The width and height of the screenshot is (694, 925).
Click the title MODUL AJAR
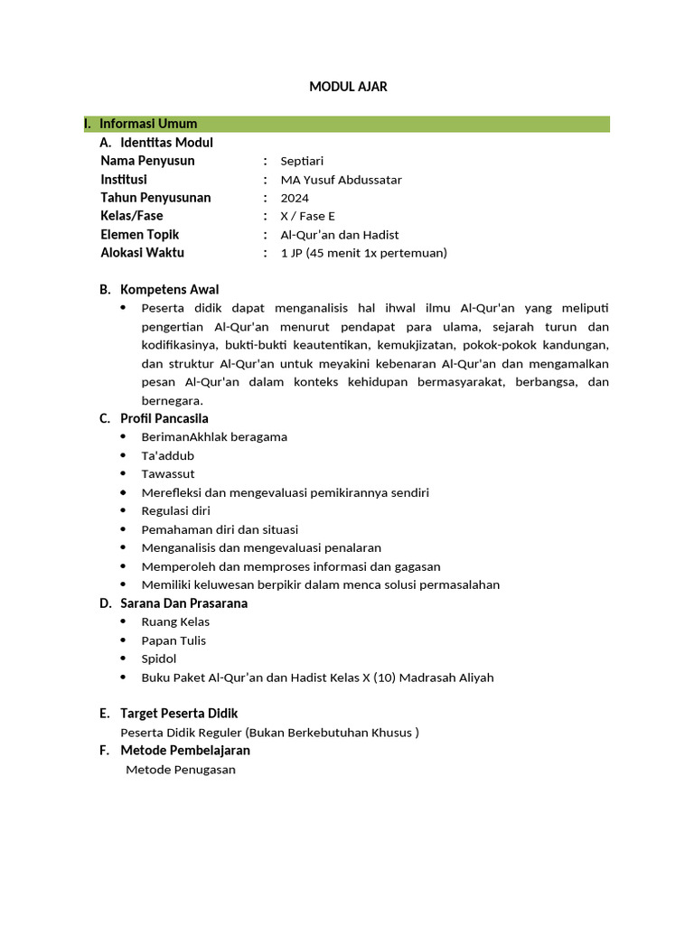pos(348,87)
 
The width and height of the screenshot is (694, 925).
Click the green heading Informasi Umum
pos(147,124)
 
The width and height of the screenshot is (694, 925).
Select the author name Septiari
pos(302,161)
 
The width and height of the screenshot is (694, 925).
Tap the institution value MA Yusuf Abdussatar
pos(341,180)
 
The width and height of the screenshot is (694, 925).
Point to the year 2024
pos(295,198)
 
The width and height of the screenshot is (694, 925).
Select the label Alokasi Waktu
pos(142,253)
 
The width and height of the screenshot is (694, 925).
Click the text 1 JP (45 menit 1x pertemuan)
pos(363,253)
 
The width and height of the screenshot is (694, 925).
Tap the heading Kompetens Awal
pos(169,290)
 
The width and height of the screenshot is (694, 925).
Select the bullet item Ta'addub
pos(168,455)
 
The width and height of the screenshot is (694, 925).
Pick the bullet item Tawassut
pos(168,473)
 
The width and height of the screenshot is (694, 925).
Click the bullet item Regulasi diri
pos(175,510)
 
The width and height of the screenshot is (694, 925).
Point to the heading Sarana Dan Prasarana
pos(183,603)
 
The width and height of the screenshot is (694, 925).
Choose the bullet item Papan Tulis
pos(173,640)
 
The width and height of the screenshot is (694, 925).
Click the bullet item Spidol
pos(159,659)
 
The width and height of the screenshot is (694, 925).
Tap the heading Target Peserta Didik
pos(179,714)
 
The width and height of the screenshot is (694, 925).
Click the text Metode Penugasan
pos(181,770)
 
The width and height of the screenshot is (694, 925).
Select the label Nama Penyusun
pos(147,161)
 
